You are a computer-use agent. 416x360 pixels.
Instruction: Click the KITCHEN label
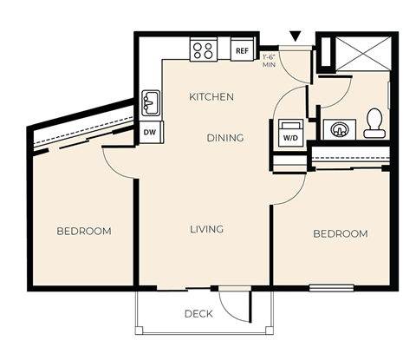tap(211, 97)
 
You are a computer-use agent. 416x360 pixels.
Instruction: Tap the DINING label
tap(224, 137)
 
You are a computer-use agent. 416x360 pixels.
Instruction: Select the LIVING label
tap(207, 229)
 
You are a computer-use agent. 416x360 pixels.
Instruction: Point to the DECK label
tap(198, 314)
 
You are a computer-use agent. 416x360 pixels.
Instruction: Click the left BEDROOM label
tap(84, 231)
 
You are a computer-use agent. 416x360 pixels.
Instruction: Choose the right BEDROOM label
tap(340, 233)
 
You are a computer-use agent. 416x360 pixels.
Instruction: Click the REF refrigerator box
tap(244, 51)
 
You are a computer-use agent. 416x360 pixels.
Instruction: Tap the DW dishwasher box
tap(150, 133)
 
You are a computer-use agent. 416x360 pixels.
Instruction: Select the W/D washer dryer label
tap(289, 137)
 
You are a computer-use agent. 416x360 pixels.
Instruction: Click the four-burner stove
tap(204, 50)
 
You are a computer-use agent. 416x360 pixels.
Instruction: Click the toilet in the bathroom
tap(375, 123)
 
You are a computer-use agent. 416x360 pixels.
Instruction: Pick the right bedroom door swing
tap(293, 189)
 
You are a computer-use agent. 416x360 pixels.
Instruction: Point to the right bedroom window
tap(331, 287)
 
